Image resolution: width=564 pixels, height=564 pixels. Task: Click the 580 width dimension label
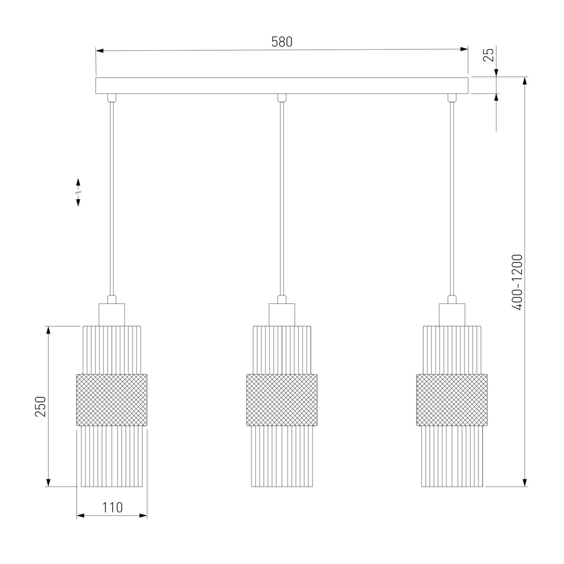click(282, 42)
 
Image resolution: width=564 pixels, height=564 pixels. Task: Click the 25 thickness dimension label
click(488, 54)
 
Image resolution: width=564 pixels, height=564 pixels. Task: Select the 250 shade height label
click(40, 406)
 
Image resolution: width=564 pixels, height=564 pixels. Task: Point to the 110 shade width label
click(112, 508)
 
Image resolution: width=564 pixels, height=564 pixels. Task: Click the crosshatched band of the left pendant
click(111, 400)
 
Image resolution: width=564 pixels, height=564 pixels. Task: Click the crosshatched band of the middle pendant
click(282, 400)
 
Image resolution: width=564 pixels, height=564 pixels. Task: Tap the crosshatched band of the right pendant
click(452, 400)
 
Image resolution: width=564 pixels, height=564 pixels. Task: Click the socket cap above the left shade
click(111, 314)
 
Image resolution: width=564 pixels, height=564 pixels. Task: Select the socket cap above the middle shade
click(282, 314)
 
